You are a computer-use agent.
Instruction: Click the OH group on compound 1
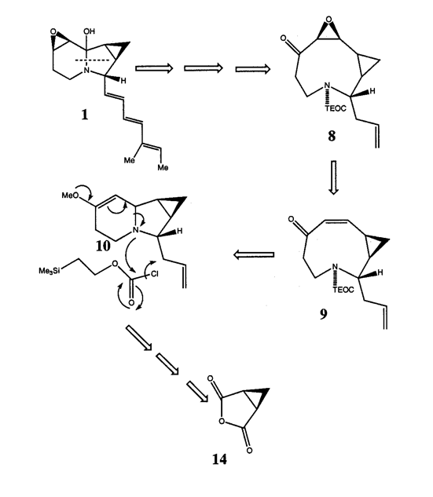89,31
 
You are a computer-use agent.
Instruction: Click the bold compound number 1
84,115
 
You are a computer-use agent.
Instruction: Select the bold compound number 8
332,136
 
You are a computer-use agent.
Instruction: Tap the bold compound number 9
323,314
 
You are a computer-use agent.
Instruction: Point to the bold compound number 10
103,246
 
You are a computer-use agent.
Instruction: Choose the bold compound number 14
219,459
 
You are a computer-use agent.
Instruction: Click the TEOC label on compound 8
336,108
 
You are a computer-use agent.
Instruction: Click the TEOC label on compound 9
343,290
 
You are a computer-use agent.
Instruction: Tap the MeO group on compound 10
70,196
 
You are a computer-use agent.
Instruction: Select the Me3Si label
50,271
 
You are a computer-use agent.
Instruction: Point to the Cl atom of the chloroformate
155,273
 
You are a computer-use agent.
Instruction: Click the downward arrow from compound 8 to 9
333,177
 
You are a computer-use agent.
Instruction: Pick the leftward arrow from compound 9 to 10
254,254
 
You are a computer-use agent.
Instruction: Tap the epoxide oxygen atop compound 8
329,20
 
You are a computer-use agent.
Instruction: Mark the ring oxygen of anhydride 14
222,421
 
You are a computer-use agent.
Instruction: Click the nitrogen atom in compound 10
136,230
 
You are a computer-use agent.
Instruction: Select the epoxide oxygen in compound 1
53,32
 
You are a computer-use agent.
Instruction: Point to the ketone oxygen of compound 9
291,220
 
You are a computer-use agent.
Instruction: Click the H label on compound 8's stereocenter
372,91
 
